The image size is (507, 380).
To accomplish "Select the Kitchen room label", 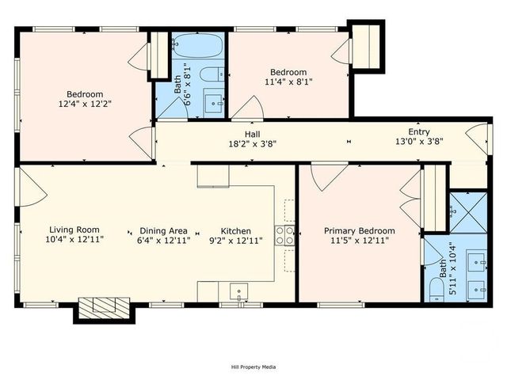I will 235,230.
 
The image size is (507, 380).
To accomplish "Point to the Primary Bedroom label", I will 360,231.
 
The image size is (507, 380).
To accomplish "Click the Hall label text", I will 253,135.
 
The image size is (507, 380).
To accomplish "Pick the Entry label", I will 419,131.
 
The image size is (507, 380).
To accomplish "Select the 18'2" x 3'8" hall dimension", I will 253,145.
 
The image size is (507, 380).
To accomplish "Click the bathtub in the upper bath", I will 198,47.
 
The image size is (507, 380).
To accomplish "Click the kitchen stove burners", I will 285,234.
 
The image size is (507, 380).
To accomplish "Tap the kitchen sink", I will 235,291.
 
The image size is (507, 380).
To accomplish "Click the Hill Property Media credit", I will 253,367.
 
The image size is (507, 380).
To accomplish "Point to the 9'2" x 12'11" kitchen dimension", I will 235,241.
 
